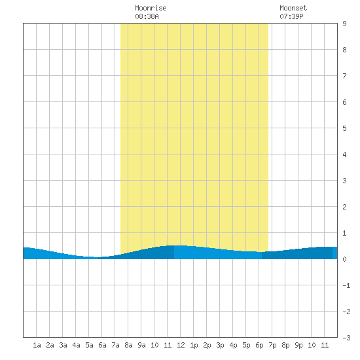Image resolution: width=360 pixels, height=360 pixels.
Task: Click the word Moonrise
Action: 151,8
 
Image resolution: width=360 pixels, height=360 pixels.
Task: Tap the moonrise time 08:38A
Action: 147,16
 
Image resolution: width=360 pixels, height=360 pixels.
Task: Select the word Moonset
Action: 293,8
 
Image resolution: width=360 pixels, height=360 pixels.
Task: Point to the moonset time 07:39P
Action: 291,16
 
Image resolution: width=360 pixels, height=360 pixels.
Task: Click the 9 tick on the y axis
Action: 344,24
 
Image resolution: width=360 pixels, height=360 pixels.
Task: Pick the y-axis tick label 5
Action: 344,128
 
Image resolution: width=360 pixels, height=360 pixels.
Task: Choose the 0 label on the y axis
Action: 344,259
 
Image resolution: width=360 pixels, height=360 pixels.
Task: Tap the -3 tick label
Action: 346,338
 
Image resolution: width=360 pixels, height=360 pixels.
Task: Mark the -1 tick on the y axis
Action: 346,285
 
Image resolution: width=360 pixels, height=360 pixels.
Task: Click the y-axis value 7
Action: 344,76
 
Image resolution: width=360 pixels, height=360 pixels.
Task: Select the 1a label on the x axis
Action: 37,345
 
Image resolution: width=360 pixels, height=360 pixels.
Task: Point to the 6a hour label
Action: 102,345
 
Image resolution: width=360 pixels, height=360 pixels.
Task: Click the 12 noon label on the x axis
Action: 181,345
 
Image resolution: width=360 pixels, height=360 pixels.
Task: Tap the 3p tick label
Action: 220,345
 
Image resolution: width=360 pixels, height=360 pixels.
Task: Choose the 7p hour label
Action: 272,345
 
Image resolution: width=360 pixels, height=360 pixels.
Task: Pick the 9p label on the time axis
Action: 298,345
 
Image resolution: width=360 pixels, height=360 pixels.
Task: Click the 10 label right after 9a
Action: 154,345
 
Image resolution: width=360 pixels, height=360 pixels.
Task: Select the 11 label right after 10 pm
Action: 325,345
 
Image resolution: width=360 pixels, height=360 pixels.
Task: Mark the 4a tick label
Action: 76,345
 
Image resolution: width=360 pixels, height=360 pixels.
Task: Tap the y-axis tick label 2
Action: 344,207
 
